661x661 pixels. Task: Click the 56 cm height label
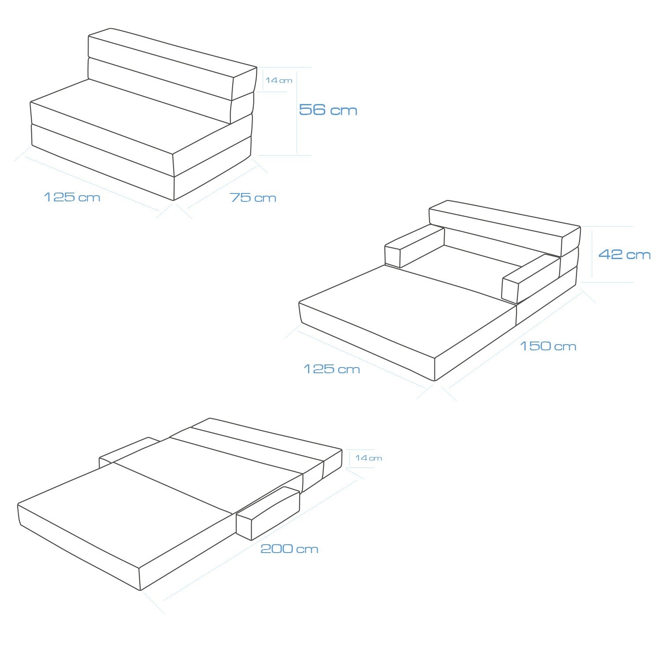pos(328,110)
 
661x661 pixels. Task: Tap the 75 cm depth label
pos(253,197)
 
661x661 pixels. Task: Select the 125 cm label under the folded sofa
pos(72,197)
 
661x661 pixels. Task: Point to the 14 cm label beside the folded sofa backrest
pos(279,80)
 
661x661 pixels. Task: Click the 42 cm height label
pos(624,254)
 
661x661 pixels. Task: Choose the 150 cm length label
pos(548,346)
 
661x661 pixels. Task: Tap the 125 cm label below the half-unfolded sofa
pos(332,369)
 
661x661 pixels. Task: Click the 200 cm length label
pos(289,549)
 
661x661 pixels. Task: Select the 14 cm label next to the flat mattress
pos(368,458)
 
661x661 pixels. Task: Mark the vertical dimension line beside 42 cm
pos(592,254)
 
